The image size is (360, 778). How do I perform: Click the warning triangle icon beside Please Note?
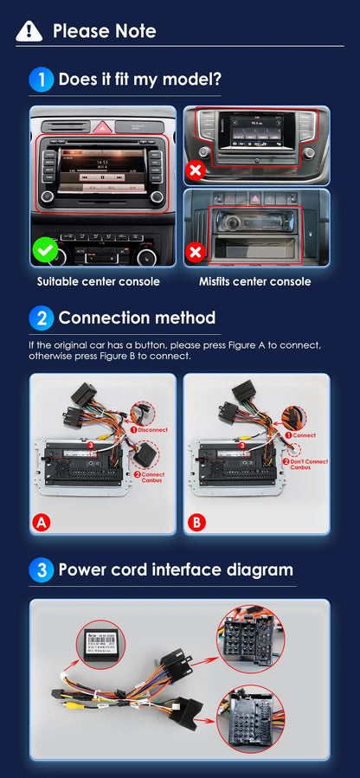[x=29, y=31]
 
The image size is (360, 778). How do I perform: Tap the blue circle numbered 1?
[x=42, y=80]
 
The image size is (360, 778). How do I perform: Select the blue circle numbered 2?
[x=42, y=318]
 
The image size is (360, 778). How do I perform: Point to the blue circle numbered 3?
[x=42, y=570]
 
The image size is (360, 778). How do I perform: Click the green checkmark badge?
[x=47, y=252]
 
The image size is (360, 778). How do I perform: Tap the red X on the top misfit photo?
[x=196, y=170]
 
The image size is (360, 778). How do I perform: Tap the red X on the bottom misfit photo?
[x=196, y=254]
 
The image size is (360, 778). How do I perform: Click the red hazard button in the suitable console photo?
[x=103, y=125]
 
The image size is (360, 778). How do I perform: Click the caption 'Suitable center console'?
[x=98, y=281]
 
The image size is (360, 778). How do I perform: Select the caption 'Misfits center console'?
[x=254, y=281]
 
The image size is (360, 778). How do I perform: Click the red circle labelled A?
[x=41, y=522]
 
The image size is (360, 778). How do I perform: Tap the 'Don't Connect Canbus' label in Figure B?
[x=309, y=465]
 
